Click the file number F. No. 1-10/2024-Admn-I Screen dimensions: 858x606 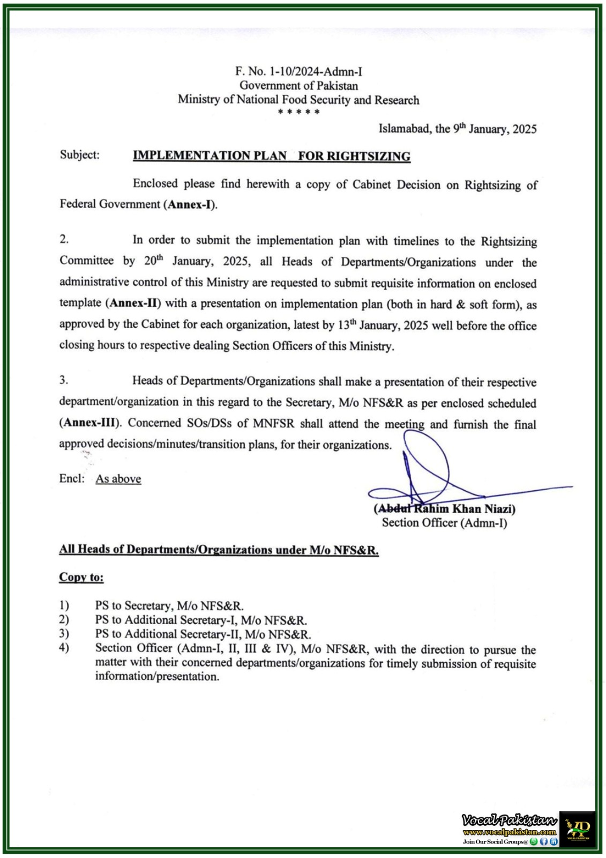tap(298, 71)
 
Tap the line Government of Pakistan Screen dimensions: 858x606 tap(298, 85)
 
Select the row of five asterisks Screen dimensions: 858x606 tap(299, 112)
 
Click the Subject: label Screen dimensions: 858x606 tap(80, 155)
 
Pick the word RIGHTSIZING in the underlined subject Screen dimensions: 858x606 tap(369, 156)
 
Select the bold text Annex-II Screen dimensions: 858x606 tap(135, 303)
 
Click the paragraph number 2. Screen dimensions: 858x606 tap(64, 239)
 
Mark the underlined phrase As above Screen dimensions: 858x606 tap(118, 479)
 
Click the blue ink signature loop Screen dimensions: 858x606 tap(427, 461)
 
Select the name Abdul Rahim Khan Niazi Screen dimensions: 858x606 tap(445, 508)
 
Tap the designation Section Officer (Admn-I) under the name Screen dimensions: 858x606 tap(444, 523)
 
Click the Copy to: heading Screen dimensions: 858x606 tap(81, 578)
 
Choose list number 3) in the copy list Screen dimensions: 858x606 tap(64, 633)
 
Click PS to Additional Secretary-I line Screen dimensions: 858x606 tap(201, 620)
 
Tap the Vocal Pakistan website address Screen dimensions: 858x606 tap(510, 832)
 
